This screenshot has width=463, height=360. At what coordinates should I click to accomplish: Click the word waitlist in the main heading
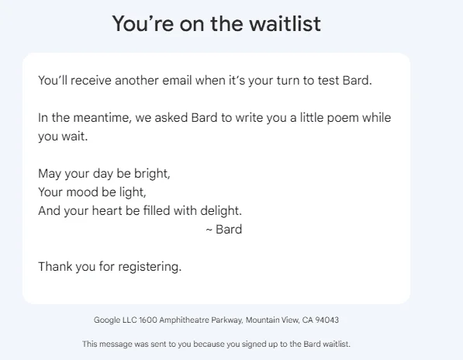coord(285,23)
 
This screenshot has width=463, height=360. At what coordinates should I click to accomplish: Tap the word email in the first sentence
coord(177,81)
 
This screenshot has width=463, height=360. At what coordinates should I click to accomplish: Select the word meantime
coord(102,117)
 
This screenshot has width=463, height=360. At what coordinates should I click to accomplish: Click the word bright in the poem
coord(151,173)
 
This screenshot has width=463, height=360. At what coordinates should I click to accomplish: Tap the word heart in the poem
coord(107,210)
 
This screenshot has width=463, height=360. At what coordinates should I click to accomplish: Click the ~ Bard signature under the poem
coord(224,230)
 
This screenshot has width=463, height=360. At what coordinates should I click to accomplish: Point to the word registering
coord(149,267)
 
